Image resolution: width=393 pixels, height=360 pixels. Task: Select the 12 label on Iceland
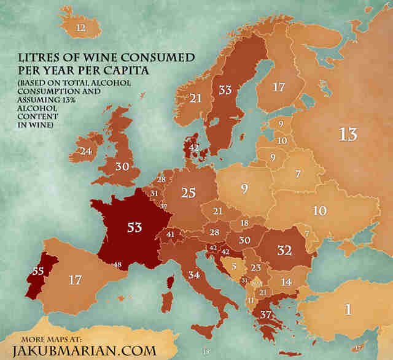[80, 28]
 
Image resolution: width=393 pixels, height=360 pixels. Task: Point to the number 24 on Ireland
[85, 150]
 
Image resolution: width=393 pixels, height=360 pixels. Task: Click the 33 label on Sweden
[225, 90]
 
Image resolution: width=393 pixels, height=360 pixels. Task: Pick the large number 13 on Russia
[348, 134]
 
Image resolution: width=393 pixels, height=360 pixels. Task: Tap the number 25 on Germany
[189, 193]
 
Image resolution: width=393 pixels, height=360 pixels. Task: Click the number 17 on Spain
[75, 281]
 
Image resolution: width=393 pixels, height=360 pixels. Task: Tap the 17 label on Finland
[278, 87]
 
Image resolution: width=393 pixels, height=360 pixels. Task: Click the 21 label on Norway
[196, 98]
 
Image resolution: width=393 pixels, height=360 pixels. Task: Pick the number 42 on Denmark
[193, 148]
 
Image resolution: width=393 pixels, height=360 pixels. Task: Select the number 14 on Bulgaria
[286, 281]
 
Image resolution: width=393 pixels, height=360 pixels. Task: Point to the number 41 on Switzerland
[170, 234]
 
